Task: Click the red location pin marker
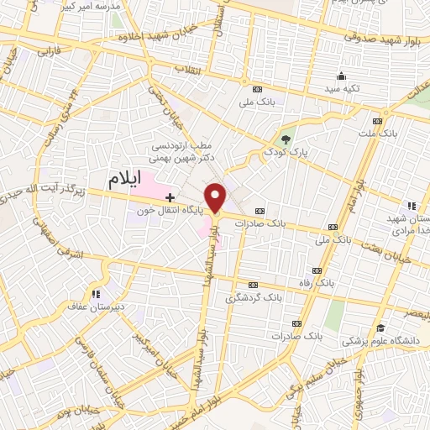tap(217, 197)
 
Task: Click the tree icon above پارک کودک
tap(287, 139)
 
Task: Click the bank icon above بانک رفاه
tap(317, 270)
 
